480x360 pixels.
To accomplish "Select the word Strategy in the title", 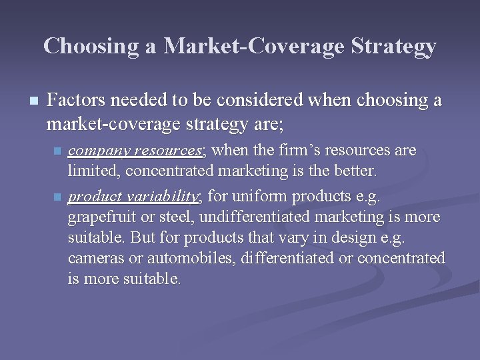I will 399,46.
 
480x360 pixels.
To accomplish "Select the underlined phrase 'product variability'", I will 133,196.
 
